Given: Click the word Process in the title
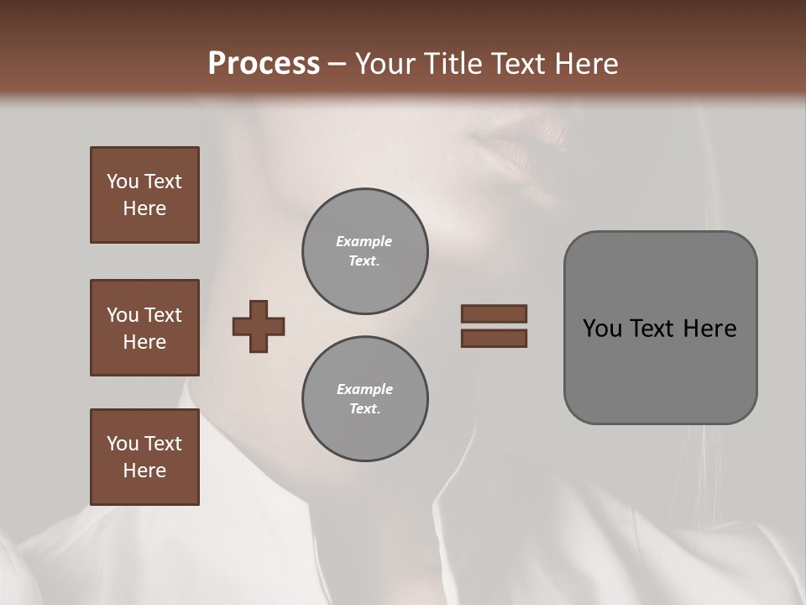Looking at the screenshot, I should point(263,63).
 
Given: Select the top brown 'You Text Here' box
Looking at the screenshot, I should point(144,195).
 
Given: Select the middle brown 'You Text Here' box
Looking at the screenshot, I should point(144,328).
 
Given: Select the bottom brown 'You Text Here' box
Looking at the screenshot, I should point(144,457).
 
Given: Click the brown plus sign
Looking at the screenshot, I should point(259,326).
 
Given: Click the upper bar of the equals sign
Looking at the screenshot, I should point(494,313).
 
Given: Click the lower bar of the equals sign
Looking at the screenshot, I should point(494,339).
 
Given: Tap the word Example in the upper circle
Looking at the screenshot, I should point(364,241).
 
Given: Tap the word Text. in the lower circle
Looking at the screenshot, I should point(364,408).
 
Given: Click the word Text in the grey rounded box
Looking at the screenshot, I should point(653,329).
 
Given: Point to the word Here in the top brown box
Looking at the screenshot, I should point(144,208).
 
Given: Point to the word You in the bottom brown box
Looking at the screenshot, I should point(123,444).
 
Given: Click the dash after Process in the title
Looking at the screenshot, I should point(337,64).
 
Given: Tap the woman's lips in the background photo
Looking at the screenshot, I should point(525,147).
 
